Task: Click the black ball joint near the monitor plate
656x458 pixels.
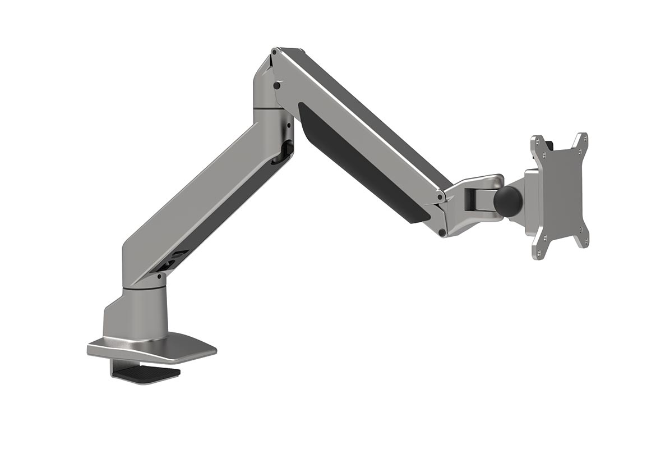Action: pos(507,201)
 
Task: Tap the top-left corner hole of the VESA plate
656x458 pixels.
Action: pos(537,140)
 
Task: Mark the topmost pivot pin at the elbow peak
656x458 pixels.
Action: pos(273,53)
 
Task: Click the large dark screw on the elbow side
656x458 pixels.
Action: pos(276,85)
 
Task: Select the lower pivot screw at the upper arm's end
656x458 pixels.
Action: pos(442,232)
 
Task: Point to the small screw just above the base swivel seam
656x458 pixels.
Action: pos(160,277)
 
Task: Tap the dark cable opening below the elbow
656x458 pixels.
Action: pos(286,150)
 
